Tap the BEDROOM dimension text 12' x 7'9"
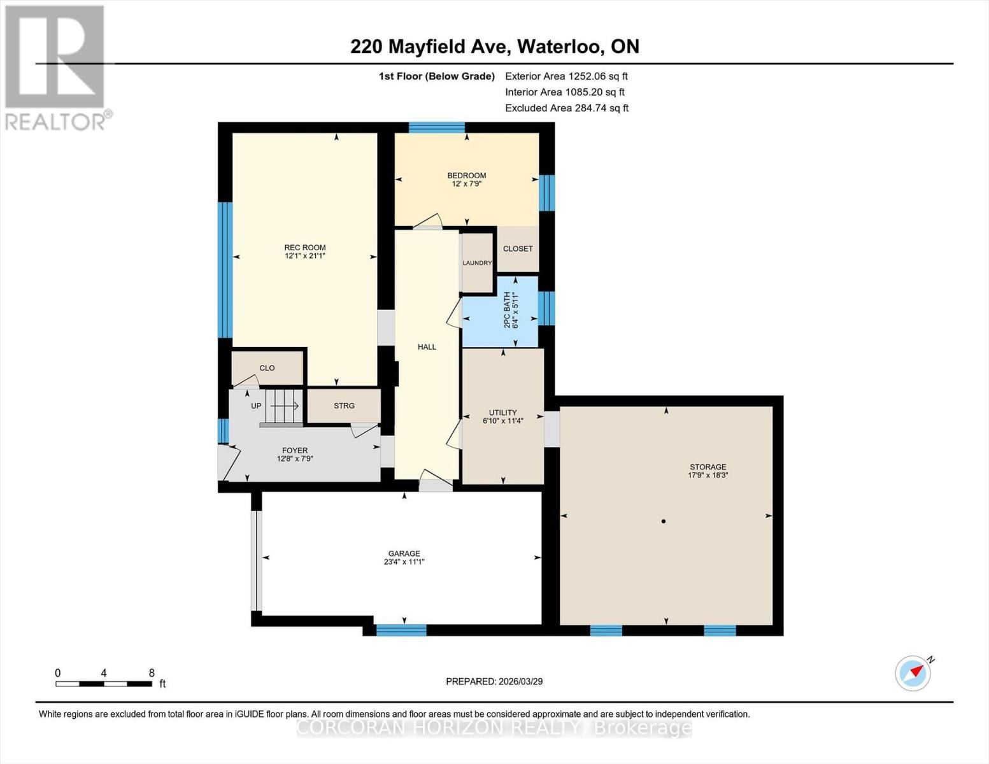(466, 184)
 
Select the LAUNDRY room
(477, 263)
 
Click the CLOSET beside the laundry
(518, 249)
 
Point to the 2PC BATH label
(508, 310)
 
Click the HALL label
(427, 347)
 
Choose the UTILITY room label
(502, 413)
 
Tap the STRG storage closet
(344, 406)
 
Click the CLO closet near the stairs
(267, 368)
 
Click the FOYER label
(295, 450)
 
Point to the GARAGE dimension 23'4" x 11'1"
(404, 562)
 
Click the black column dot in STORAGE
(664, 521)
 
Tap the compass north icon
(913, 673)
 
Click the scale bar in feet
(103, 684)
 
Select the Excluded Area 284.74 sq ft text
(566, 108)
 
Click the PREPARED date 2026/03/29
(494, 681)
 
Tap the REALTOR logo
(55, 67)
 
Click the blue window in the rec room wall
(225, 269)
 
